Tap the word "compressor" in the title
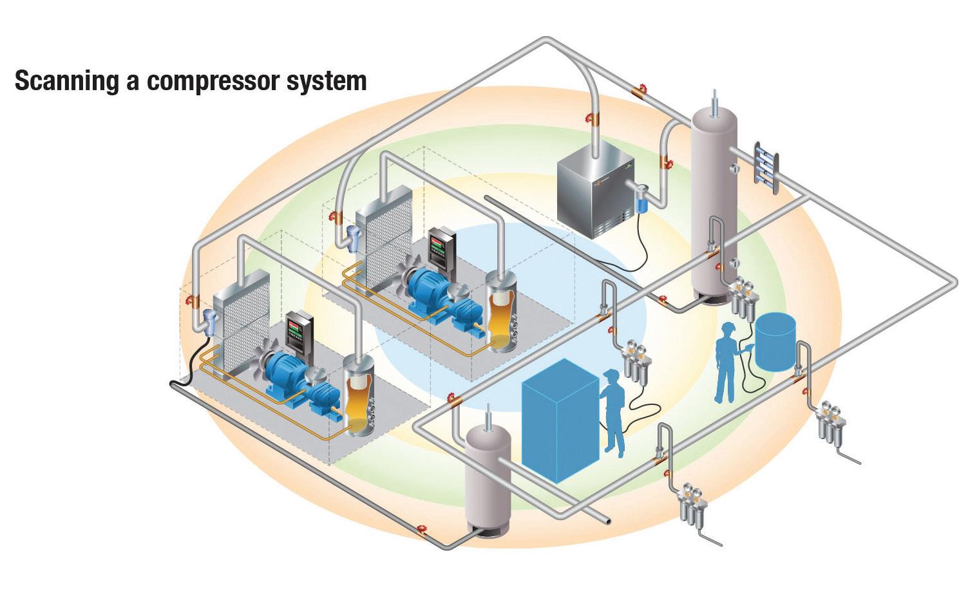(x=215, y=82)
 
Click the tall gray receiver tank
(x=713, y=206)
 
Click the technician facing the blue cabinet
(x=614, y=412)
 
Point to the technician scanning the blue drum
(x=727, y=361)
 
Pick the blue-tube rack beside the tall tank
(x=766, y=164)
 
